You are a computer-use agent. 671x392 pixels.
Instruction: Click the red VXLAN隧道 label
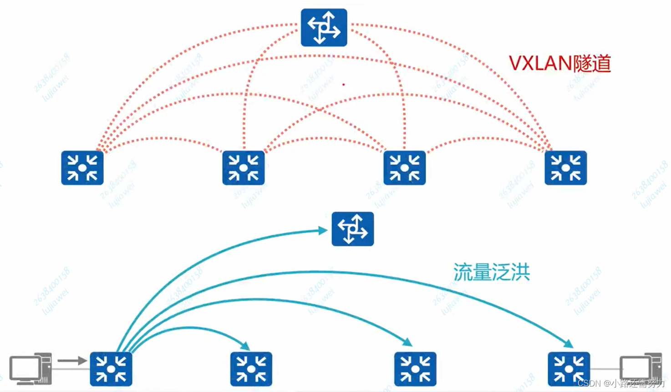point(559,64)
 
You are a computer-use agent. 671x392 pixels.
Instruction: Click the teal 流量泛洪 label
point(492,272)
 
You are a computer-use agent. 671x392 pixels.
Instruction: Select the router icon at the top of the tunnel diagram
point(324,27)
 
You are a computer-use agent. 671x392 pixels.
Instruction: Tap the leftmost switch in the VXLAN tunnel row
point(82,168)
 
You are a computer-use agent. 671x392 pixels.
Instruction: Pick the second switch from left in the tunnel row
point(244,168)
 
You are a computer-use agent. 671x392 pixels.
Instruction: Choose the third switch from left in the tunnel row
point(405,168)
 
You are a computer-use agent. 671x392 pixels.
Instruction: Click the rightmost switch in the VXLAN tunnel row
point(565,168)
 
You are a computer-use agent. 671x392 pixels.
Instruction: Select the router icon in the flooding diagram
point(353,229)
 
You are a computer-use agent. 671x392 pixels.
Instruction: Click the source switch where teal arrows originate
point(111,369)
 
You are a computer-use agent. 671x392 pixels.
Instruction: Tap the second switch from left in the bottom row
point(251,369)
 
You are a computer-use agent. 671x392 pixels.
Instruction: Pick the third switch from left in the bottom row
point(415,369)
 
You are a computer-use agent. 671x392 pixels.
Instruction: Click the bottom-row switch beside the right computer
point(569,369)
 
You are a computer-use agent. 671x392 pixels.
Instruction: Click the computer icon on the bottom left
point(30,369)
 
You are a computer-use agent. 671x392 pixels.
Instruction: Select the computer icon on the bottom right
point(640,368)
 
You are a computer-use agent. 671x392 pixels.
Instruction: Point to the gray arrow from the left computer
point(72,361)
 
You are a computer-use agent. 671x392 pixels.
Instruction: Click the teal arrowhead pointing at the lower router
point(323,230)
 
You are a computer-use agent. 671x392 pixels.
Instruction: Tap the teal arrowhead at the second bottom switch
point(245,346)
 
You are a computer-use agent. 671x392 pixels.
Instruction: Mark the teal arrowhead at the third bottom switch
point(408,342)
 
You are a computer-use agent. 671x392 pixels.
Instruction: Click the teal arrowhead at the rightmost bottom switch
point(569,343)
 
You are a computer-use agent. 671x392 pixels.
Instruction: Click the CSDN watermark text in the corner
point(621,383)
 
